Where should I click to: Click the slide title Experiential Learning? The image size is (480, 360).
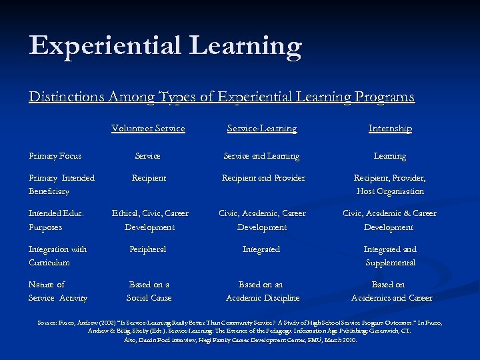(x=165, y=47)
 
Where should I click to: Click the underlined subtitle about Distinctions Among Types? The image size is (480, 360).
(x=221, y=97)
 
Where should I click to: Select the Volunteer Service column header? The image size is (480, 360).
(x=148, y=128)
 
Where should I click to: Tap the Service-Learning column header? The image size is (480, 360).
(x=262, y=128)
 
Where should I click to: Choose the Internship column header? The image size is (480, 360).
(x=390, y=128)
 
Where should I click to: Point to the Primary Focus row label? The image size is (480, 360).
(x=55, y=156)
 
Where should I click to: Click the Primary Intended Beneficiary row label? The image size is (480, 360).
(x=61, y=184)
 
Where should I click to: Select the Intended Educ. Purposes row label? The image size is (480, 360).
(x=56, y=220)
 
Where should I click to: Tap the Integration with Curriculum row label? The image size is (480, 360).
(x=57, y=255)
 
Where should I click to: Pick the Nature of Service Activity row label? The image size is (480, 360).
(x=57, y=291)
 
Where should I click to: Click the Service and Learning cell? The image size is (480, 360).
(x=261, y=156)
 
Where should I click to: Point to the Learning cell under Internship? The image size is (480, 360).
(x=390, y=156)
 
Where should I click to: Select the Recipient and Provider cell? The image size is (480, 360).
(x=263, y=178)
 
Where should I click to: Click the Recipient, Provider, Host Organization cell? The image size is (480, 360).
(x=390, y=184)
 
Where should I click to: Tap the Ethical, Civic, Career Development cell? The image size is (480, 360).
(x=149, y=220)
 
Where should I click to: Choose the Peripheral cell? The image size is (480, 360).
(x=148, y=249)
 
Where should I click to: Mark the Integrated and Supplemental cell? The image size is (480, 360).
(x=390, y=255)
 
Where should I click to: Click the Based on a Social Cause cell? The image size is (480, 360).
(x=149, y=291)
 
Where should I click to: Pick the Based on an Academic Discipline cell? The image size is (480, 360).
(x=263, y=291)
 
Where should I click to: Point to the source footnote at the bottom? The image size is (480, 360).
(x=240, y=331)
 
